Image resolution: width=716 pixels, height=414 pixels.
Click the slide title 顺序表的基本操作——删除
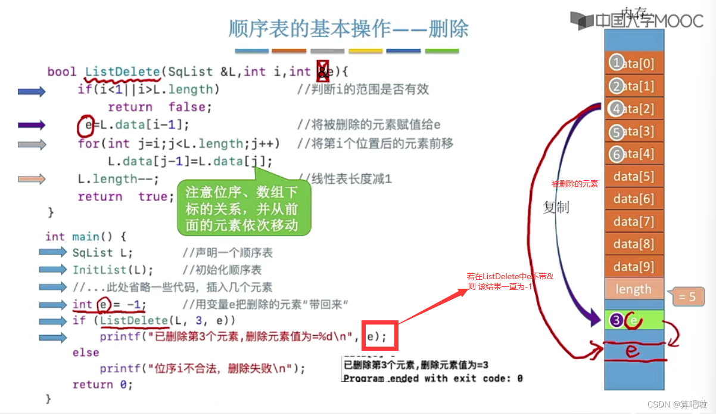(x=348, y=29)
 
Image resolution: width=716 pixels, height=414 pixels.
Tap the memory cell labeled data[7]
(x=634, y=222)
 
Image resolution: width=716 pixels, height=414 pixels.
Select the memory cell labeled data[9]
(x=634, y=267)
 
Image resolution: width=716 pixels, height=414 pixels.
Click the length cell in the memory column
(x=633, y=289)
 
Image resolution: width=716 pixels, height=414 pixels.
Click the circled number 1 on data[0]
(x=617, y=63)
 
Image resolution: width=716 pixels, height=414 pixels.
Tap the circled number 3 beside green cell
(x=617, y=320)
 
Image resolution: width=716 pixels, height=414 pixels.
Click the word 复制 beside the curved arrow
(x=556, y=207)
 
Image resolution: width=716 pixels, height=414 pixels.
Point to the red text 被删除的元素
(x=574, y=184)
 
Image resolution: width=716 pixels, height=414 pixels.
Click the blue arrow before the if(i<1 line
(x=32, y=91)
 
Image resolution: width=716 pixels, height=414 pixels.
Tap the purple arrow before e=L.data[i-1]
(x=32, y=125)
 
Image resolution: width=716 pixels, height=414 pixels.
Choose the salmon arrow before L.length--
(x=32, y=179)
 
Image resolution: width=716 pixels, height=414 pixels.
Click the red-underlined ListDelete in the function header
(x=123, y=72)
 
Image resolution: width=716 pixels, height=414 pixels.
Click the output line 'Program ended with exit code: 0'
(x=433, y=378)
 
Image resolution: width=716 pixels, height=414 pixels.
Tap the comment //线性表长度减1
(x=345, y=178)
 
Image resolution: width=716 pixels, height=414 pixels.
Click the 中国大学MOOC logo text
(x=649, y=21)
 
